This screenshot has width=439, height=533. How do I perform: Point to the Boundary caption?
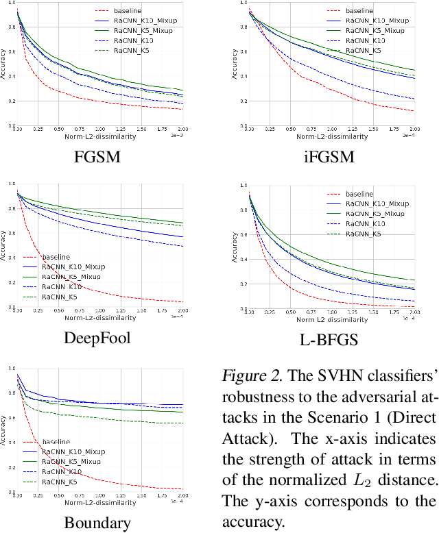[x=97, y=523]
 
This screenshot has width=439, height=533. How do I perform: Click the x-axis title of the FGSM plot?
[x=100, y=136]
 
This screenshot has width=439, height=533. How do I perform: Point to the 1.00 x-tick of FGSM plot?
[x=99, y=129]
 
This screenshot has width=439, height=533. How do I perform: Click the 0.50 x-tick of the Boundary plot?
[x=58, y=495]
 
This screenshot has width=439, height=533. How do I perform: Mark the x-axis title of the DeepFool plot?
[x=100, y=317]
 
